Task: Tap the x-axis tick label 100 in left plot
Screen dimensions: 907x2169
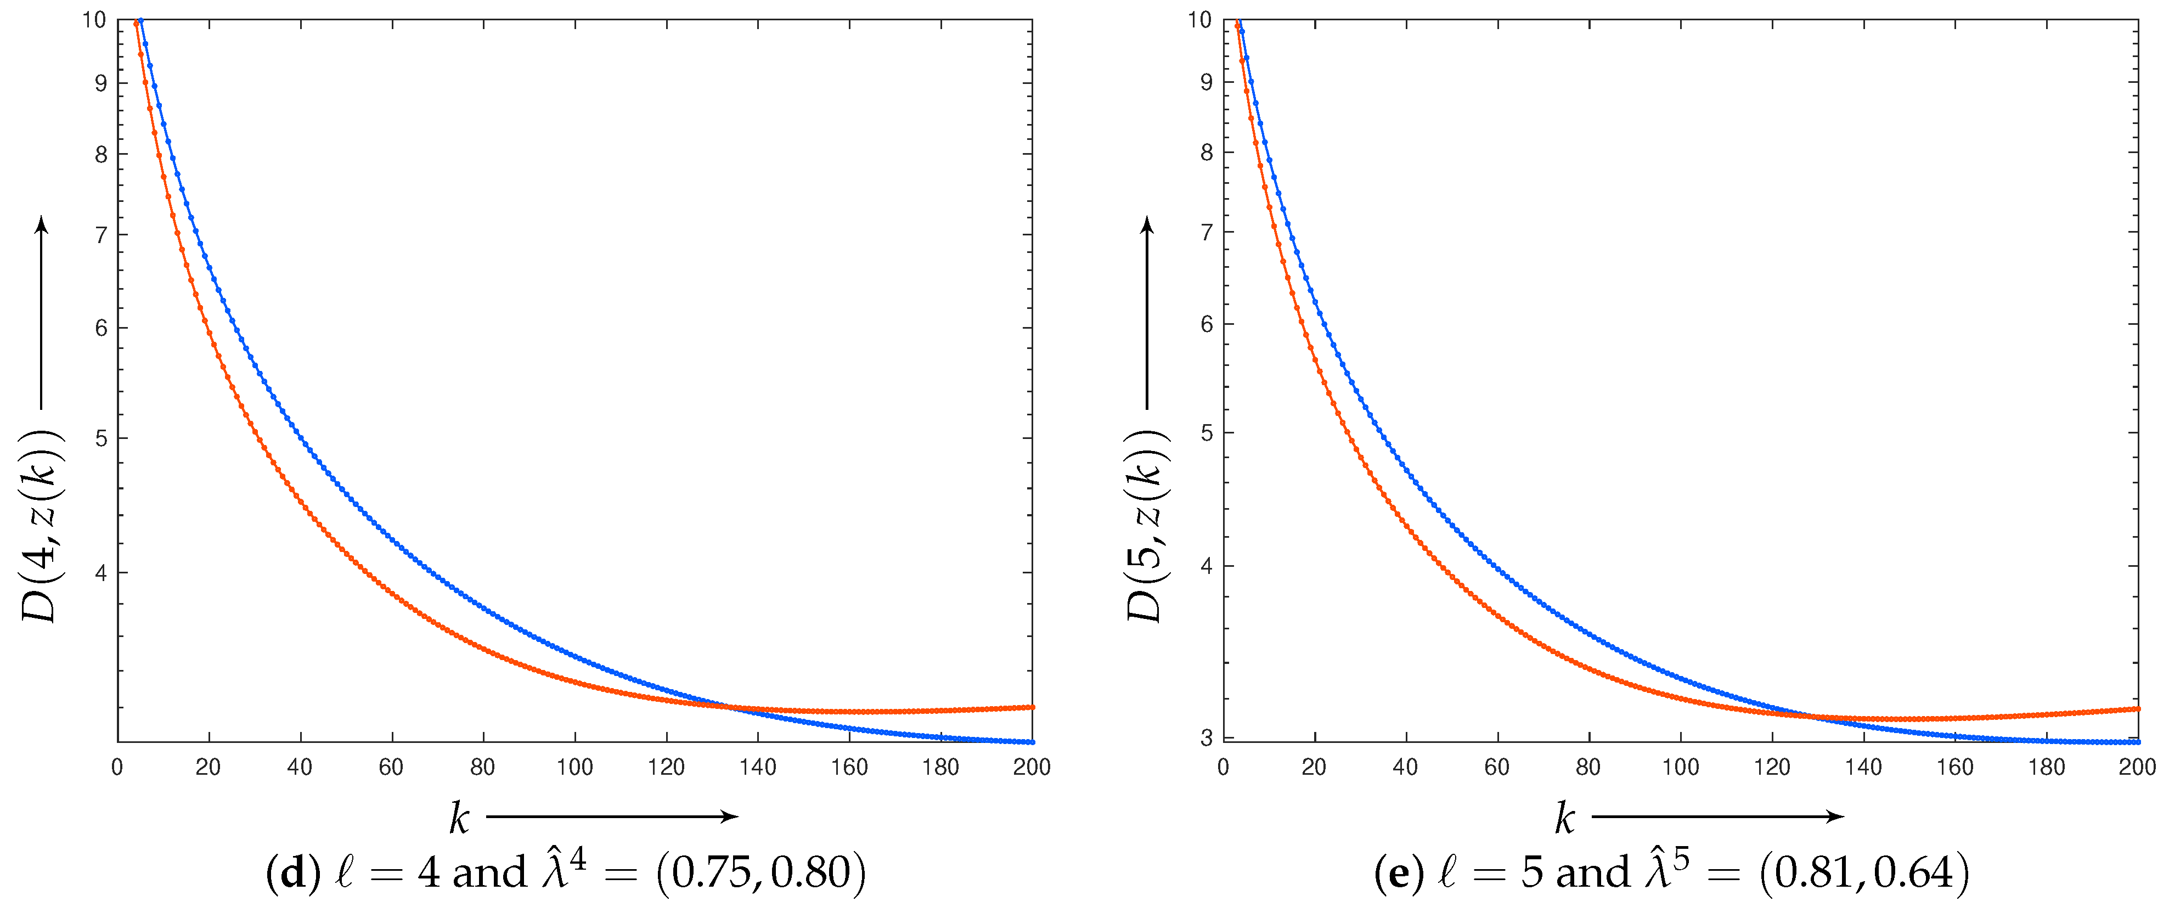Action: (574, 767)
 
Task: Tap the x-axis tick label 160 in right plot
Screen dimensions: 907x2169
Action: (1955, 767)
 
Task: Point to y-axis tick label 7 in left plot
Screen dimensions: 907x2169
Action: (101, 235)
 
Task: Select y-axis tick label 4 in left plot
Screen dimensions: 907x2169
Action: (101, 573)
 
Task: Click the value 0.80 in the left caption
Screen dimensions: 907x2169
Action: (808, 872)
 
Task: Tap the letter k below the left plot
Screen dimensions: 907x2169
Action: (459, 818)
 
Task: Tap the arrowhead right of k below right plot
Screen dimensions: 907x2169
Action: (1835, 816)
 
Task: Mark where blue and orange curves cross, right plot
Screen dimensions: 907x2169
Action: (1810, 717)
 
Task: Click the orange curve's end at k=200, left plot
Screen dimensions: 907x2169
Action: (1032, 707)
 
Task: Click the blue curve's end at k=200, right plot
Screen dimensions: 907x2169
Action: (2137, 742)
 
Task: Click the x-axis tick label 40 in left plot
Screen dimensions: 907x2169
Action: (300, 767)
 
